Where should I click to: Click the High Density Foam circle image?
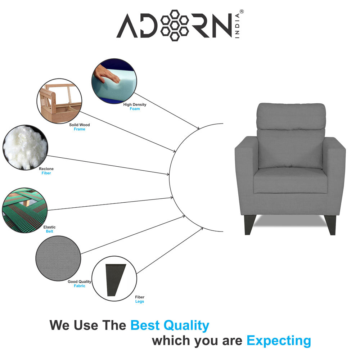point(114,81)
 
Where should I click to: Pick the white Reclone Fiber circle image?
point(25,147)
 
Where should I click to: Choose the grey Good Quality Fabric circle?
point(58,258)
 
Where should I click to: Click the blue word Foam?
point(135,109)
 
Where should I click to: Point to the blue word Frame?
point(80,129)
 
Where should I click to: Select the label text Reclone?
point(46,169)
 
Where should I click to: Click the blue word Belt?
point(49,231)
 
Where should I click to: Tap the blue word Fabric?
point(80,286)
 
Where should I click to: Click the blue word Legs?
point(139,301)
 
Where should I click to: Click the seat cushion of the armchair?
point(290,180)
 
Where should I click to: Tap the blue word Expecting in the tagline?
point(279,340)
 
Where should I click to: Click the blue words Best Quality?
point(170,325)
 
